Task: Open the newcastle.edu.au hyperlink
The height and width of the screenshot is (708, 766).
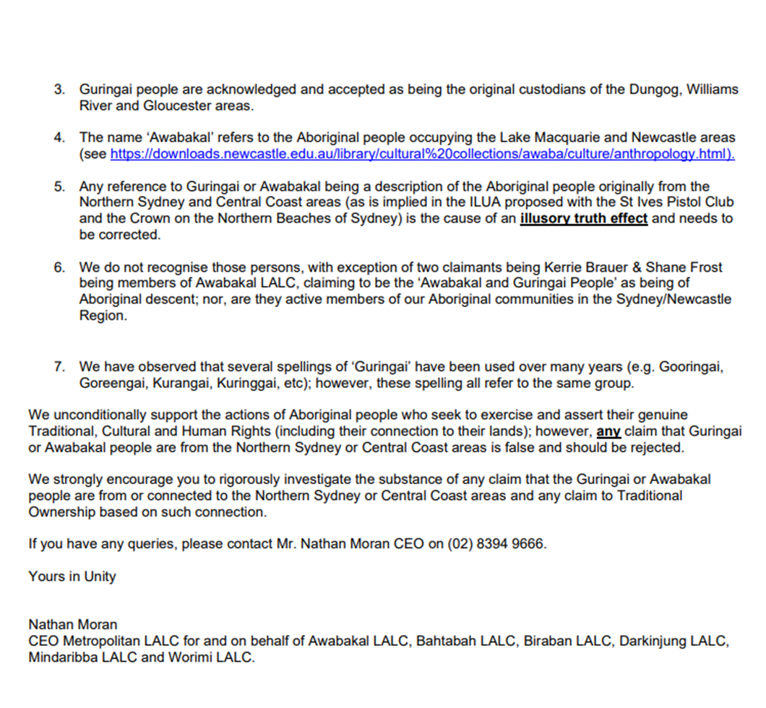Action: (422, 154)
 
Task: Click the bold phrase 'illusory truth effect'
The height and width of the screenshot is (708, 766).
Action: (583, 218)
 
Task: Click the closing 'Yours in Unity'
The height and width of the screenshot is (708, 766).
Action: (72, 576)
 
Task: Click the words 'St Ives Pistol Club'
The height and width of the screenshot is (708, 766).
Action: (660, 202)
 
